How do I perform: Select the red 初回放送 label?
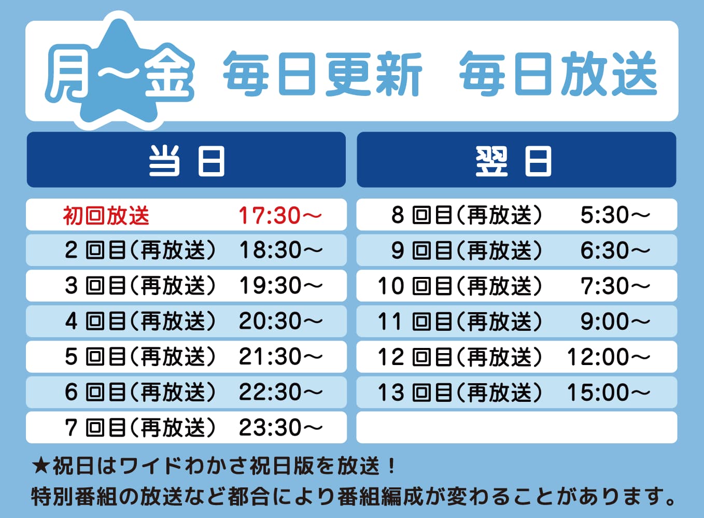(x=106, y=216)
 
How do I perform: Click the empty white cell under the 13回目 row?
(x=517, y=427)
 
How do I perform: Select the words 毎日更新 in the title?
(x=322, y=74)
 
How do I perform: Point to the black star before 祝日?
(x=41, y=466)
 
